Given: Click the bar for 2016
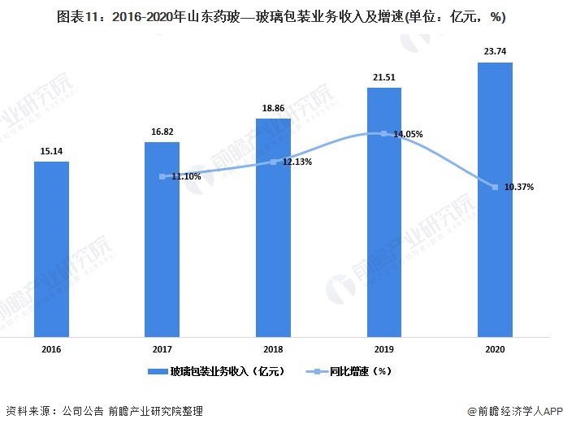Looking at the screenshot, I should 51,249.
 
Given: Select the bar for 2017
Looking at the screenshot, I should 162,239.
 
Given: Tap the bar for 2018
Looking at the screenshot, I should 273,227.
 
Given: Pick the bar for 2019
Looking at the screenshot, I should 384,212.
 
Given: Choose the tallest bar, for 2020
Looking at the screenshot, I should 495,199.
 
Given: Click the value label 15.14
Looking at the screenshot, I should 51,150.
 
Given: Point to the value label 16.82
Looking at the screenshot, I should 162,131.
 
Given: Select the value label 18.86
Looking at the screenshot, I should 273,107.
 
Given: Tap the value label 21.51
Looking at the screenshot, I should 384,76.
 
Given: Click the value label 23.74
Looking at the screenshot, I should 495,50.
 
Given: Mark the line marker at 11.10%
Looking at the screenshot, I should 162,176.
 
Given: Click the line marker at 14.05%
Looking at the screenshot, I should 384,134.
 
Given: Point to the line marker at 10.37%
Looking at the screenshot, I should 495,188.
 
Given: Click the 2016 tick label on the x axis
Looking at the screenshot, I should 51,348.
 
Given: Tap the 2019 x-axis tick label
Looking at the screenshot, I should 384,348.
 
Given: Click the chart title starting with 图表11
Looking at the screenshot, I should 281,15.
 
